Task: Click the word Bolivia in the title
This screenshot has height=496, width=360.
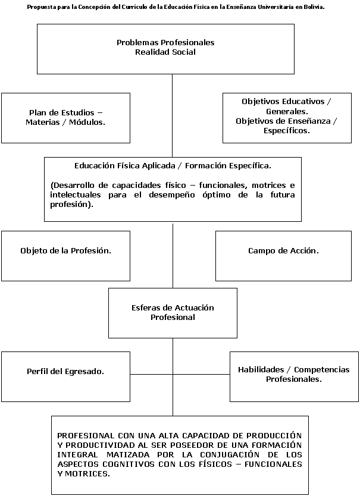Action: click(x=314, y=7)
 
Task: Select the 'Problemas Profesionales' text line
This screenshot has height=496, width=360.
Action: click(x=165, y=42)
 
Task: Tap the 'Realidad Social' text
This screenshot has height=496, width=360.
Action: click(x=165, y=52)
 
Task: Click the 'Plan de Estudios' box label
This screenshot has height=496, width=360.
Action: click(x=62, y=112)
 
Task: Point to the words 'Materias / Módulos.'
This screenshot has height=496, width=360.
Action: click(x=65, y=122)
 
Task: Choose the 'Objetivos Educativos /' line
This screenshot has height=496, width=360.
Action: click(x=286, y=102)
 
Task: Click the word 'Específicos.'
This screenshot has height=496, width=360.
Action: click(x=287, y=131)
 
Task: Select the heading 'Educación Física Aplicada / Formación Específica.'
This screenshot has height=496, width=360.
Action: click(x=173, y=166)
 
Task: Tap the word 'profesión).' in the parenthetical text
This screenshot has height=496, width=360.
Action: click(x=71, y=205)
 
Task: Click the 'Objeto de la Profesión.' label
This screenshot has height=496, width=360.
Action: click(x=65, y=251)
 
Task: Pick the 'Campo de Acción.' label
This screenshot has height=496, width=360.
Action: click(x=283, y=251)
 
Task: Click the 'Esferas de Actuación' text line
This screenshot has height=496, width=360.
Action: click(x=173, y=308)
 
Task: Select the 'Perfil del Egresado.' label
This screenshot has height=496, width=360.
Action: click(x=65, y=371)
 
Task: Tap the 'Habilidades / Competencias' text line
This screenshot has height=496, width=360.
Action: click(x=294, y=369)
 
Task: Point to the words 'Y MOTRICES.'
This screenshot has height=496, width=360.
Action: click(x=83, y=474)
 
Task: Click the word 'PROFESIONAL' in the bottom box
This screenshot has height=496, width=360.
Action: click(x=86, y=435)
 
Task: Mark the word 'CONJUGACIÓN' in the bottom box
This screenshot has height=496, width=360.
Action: click(x=230, y=454)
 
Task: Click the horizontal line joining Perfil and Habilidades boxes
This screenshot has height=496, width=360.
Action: click(x=180, y=374)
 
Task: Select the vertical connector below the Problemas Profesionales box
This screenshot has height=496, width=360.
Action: click(x=172, y=116)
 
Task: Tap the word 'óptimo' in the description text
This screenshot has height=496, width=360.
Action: click(x=217, y=195)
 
